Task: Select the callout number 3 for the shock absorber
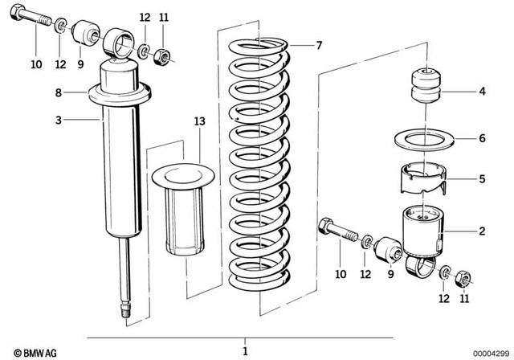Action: (58, 121)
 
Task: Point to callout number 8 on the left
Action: (58, 93)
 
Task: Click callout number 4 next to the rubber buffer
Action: (482, 92)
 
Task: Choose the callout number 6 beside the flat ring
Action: (482, 138)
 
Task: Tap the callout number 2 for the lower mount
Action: (482, 232)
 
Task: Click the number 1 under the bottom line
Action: (245, 351)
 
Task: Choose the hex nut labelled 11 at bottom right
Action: (463, 280)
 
